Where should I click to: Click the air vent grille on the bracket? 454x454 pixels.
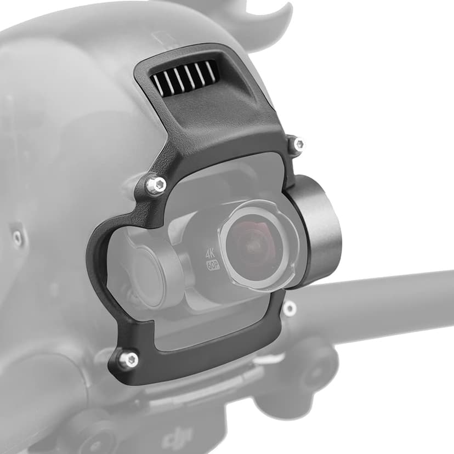pyautogui.click(x=184, y=77)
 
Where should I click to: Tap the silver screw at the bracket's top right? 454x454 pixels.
pyautogui.click(x=298, y=145)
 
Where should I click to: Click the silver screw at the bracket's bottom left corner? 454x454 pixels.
pyautogui.click(x=129, y=360)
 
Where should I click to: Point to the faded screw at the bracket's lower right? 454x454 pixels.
pyautogui.click(x=289, y=309)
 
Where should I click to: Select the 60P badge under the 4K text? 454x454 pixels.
pyautogui.click(x=212, y=265)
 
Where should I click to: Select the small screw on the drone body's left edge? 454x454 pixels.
pyautogui.click(x=18, y=237)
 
